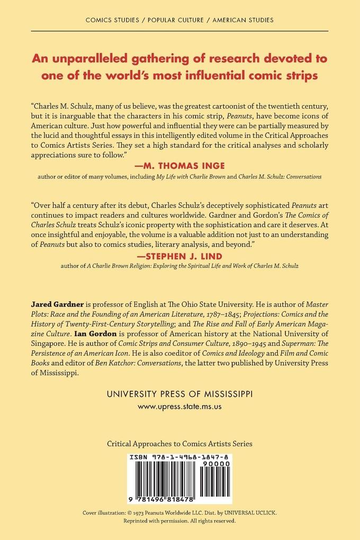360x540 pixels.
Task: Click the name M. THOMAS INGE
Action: [x=180, y=164]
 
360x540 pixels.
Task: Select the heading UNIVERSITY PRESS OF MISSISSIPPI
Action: [x=180, y=394]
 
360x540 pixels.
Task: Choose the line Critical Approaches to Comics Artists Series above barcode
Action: [x=180, y=443]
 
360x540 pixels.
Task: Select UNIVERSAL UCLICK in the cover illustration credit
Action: [x=252, y=514]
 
